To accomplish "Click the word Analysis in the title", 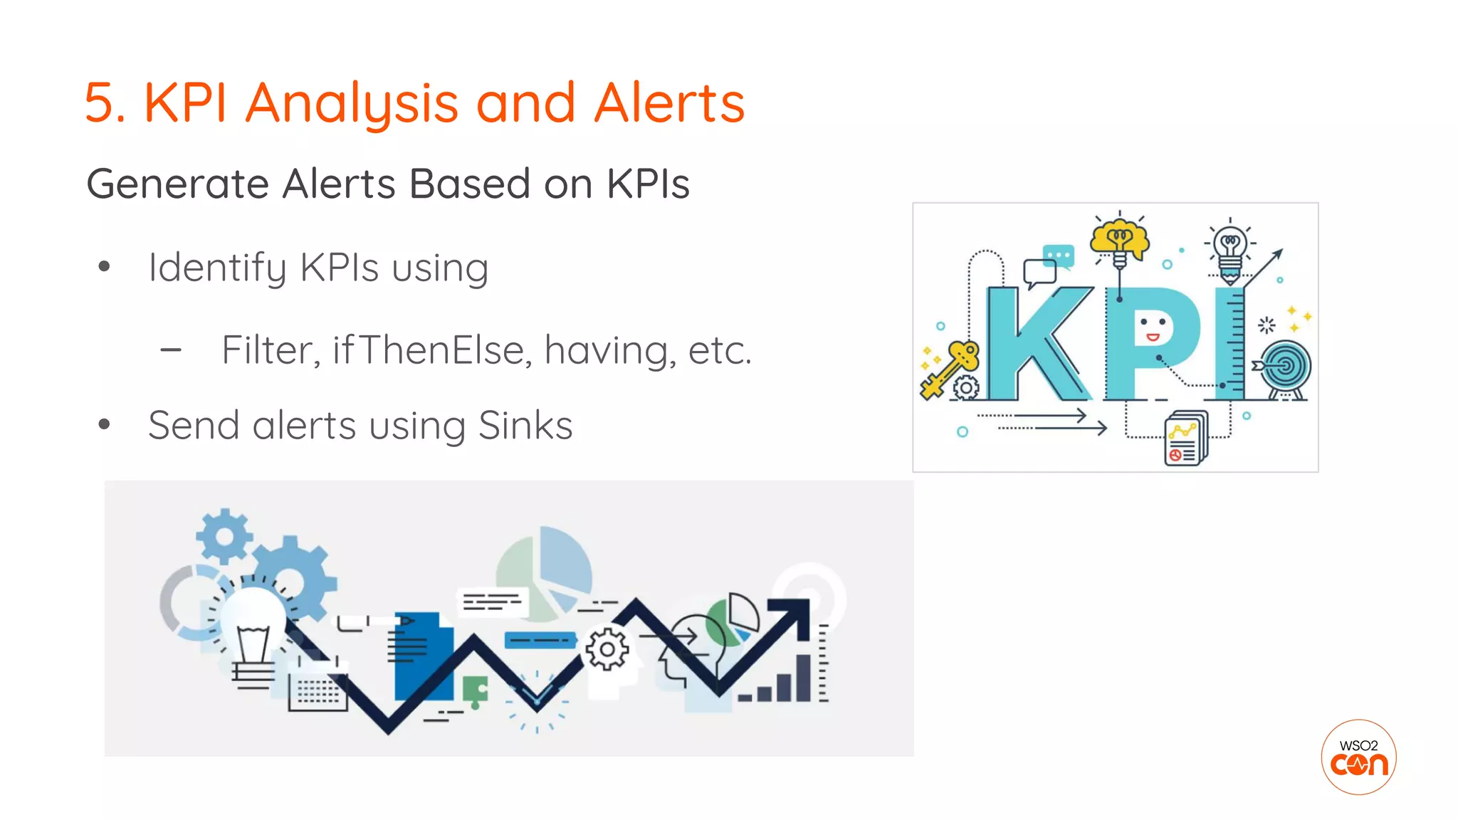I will (352, 104).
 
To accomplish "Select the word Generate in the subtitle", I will (177, 184).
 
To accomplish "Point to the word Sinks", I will (525, 426).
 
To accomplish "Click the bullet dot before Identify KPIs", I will (105, 267).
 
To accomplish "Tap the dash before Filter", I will (171, 350).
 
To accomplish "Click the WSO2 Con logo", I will (1358, 757).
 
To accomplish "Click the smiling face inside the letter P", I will (1152, 329).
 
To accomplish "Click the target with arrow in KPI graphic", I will (1286, 367).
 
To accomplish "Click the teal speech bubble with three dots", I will (1058, 256).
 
